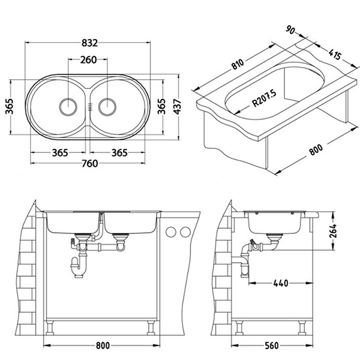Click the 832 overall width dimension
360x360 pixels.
[89, 43]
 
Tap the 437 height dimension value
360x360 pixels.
[176, 106]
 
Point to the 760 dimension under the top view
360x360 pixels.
[89, 164]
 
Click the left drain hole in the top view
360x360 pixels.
[67, 106]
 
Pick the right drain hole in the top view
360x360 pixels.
[107, 106]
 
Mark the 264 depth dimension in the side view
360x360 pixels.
[334, 230]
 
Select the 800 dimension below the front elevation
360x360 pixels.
[103, 346]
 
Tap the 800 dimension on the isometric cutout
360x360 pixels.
[316, 149]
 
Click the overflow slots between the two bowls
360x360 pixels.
[88, 107]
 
